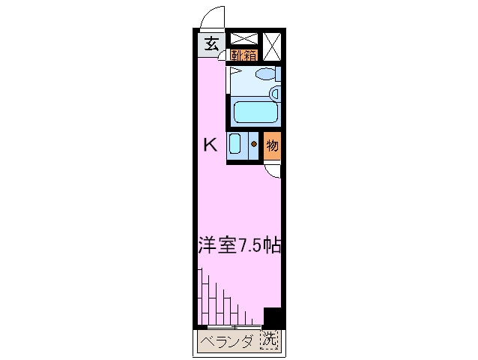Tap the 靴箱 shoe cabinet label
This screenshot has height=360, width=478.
pyautogui.click(x=244, y=55)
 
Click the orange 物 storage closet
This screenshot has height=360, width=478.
pyautogui.click(x=273, y=145)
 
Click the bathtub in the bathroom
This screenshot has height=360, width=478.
pyautogui.click(x=255, y=112)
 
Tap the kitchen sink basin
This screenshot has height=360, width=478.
pyautogui.click(x=235, y=144)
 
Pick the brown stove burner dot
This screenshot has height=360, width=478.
pyautogui.click(x=254, y=145)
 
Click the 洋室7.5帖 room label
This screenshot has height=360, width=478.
pyautogui.click(x=239, y=244)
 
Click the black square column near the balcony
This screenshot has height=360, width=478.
pyautogui.click(x=272, y=317)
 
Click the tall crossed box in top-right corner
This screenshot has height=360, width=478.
pyautogui.click(x=273, y=46)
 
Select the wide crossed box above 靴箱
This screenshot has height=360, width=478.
pyautogui.click(x=244, y=39)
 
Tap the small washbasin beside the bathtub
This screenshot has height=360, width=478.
pyautogui.click(x=275, y=94)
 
